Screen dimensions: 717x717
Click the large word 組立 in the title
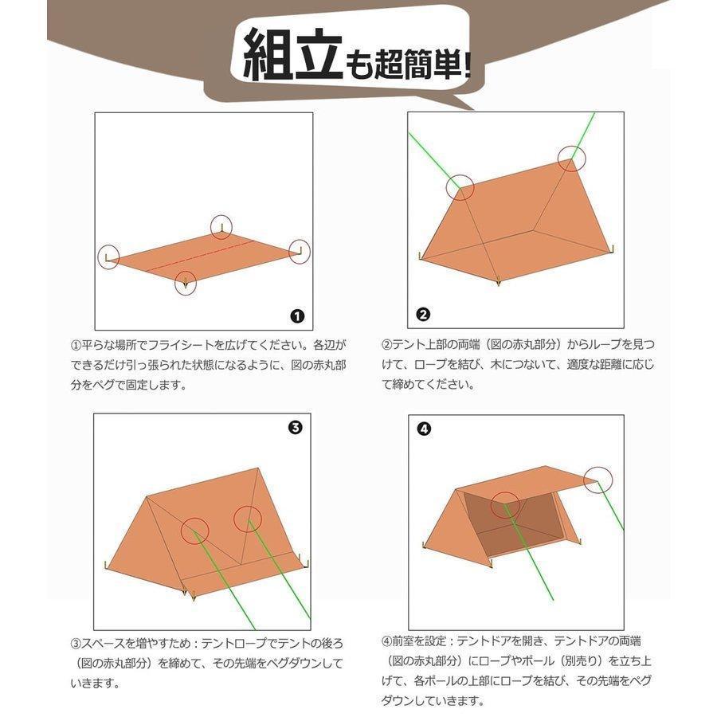pyautogui.click(x=292, y=56)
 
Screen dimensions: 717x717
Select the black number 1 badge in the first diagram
pyautogui.click(x=297, y=315)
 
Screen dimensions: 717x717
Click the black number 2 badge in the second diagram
pyautogui.click(x=423, y=314)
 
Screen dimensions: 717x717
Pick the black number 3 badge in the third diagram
pyautogui.click(x=294, y=428)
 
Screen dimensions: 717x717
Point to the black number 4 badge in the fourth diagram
pyautogui.click(x=424, y=429)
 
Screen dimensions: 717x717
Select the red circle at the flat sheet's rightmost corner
pyautogui.click(x=300, y=251)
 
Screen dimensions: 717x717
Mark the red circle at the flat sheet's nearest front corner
pyautogui.click(x=186, y=283)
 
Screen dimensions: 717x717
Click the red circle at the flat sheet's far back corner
pyautogui.click(x=221, y=226)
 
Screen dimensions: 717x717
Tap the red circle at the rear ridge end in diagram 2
pyautogui.click(x=571, y=159)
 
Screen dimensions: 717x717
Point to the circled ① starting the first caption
pyautogui.click(x=76, y=347)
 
